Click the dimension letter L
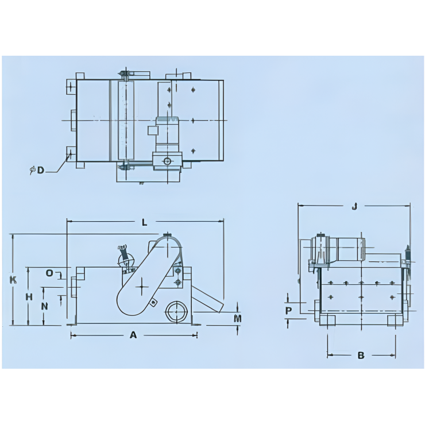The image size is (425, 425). click(144, 221)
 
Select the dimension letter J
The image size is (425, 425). click(354, 207)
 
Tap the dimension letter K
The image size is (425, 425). click(13, 280)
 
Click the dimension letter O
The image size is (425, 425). click(49, 273)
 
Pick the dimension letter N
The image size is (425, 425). click(44, 306)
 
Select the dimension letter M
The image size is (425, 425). click(238, 318)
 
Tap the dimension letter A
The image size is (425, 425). click(133, 335)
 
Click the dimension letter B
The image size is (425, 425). click(361, 356)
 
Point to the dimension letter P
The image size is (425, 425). click(289, 310)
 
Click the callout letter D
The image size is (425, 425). click(41, 170)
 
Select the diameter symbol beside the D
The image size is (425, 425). click(33, 170)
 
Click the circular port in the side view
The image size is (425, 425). click(175, 312)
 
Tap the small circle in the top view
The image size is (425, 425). click(167, 161)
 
